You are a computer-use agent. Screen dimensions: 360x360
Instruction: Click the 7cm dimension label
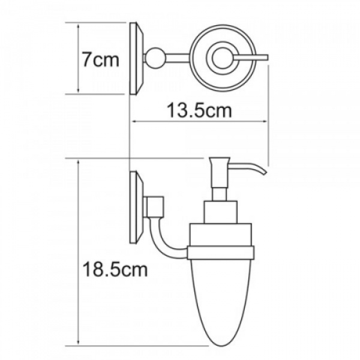point(101,59)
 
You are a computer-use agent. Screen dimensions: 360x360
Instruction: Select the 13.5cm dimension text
point(199,110)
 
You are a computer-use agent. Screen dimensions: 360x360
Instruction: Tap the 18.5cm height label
point(115,270)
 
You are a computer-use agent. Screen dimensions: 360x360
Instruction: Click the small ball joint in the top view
point(155,58)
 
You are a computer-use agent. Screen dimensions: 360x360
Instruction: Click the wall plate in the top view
point(137,58)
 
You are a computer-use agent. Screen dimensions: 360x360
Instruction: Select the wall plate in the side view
point(137,208)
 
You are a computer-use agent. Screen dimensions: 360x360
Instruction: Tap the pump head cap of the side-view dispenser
point(219,161)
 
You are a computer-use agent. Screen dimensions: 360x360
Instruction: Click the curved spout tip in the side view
point(263,172)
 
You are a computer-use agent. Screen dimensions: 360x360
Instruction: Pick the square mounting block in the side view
point(155,206)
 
